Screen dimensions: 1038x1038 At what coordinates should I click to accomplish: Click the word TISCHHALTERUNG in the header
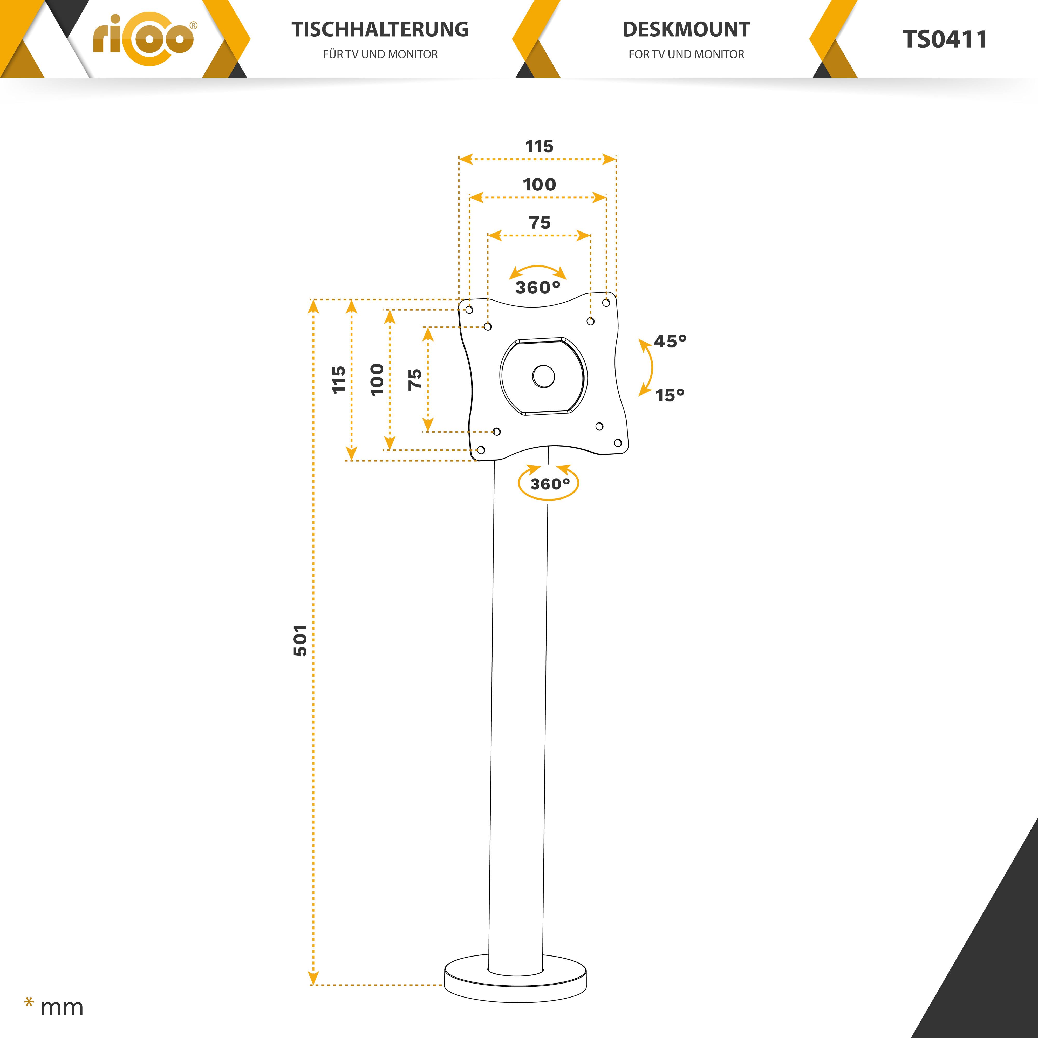(380, 30)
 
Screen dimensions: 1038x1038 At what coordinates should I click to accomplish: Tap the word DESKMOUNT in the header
(686, 30)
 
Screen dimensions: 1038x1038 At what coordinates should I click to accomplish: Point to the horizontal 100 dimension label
(540, 184)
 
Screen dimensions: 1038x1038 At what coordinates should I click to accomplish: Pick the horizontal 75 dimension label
(540, 222)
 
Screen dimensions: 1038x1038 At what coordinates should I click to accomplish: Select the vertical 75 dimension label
(414, 379)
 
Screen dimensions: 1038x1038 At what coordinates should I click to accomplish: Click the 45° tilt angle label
(670, 341)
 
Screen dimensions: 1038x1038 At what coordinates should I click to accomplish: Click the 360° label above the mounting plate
(538, 288)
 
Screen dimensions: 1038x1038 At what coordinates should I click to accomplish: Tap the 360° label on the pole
(550, 484)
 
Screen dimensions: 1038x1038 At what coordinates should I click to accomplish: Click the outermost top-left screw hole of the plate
(469, 310)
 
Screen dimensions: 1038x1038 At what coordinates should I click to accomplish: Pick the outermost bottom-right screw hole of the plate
(618, 443)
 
